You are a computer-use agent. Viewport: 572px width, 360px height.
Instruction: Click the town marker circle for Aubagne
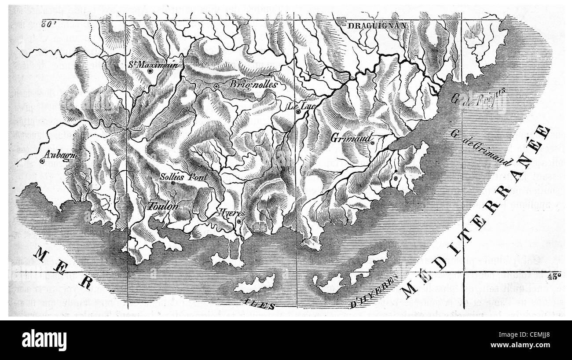[x=42, y=161]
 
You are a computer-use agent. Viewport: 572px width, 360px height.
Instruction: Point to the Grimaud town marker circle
[x=372, y=143]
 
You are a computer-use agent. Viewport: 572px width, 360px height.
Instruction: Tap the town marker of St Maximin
[x=150, y=70]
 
